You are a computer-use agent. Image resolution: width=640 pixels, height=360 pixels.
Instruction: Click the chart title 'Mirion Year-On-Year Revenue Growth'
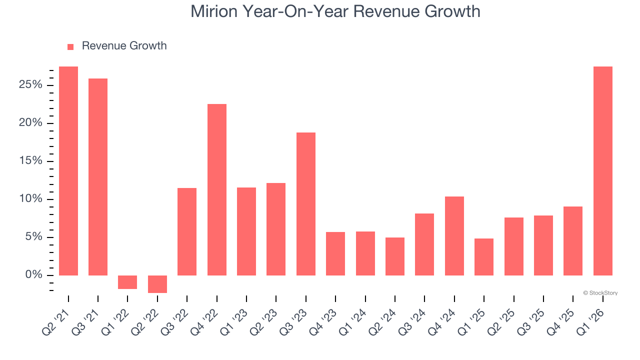[335, 11]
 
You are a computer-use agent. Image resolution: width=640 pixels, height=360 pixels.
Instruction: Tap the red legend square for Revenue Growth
[70, 46]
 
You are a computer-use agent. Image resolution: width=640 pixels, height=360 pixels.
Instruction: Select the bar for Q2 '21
[68, 170]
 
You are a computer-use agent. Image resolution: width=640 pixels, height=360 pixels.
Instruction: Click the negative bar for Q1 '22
[127, 282]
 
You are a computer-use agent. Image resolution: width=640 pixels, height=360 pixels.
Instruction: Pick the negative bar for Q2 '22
[157, 284]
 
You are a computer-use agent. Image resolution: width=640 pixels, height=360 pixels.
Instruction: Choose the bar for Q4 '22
[217, 189]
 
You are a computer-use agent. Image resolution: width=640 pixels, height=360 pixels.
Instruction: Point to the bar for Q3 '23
[306, 203]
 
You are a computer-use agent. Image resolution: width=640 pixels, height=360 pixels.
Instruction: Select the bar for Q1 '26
[602, 170]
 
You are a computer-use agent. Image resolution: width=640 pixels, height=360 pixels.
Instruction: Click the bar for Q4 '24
[454, 235]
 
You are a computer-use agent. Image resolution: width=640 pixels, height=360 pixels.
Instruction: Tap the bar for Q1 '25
[484, 256]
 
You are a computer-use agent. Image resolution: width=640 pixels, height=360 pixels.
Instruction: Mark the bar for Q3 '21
[98, 176]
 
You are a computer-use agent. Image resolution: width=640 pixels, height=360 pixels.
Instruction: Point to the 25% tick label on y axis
[30, 85]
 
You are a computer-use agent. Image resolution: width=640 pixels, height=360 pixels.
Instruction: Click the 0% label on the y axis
[33, 275]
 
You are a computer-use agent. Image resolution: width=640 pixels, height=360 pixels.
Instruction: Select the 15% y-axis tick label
[30, 161]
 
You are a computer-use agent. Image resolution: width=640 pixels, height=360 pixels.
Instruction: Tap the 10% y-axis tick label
[30, 199]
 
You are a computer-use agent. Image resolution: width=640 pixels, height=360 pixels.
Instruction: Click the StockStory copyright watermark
[600, 293]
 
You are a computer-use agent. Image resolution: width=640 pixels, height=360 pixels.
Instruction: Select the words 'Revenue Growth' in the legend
[124, 46]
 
